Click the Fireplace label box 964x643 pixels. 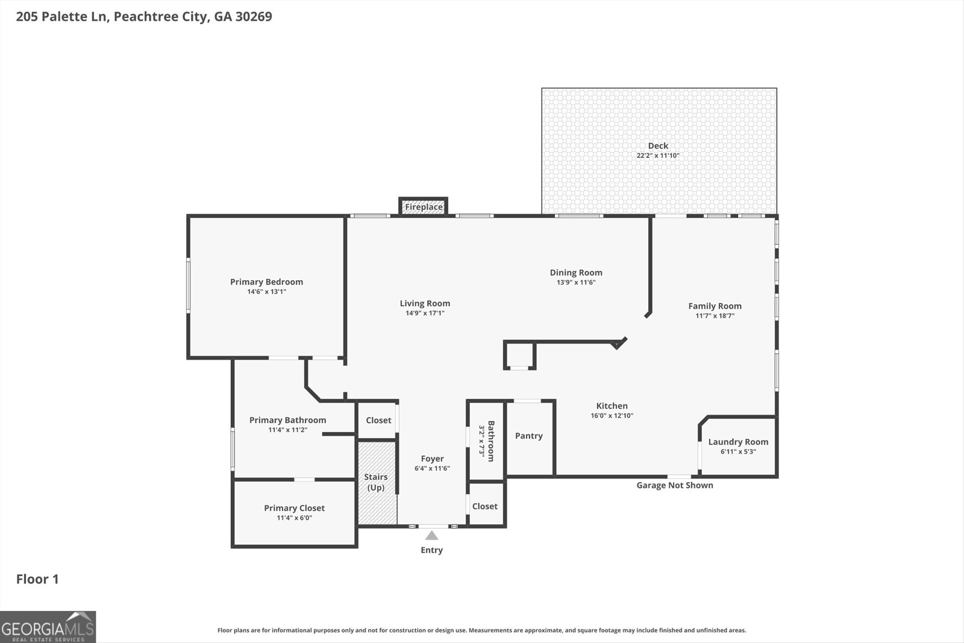[424, 207]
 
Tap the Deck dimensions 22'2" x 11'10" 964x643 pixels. [658, 155]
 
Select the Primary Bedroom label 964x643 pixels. [266, 281]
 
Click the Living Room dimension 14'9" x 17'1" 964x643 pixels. [425, 313]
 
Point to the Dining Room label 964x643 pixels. [576, 272]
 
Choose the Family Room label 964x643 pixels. [715, 306]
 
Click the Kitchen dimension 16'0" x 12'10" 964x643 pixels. [612, 416]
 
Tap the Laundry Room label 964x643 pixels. [738, 442]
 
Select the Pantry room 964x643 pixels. [529, 436]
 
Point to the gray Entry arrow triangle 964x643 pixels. [431, 535]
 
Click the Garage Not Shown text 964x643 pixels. [675, 485]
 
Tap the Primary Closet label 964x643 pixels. [294, 508]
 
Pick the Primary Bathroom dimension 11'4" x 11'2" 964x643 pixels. [287, 430]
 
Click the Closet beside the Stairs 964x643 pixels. [378, 420]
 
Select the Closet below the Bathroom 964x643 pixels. [485, 506]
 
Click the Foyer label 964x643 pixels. [432, 459]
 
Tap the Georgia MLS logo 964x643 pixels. [48, 627]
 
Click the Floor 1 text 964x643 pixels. [37, 579]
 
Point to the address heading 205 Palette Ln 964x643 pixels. [144, 16]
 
